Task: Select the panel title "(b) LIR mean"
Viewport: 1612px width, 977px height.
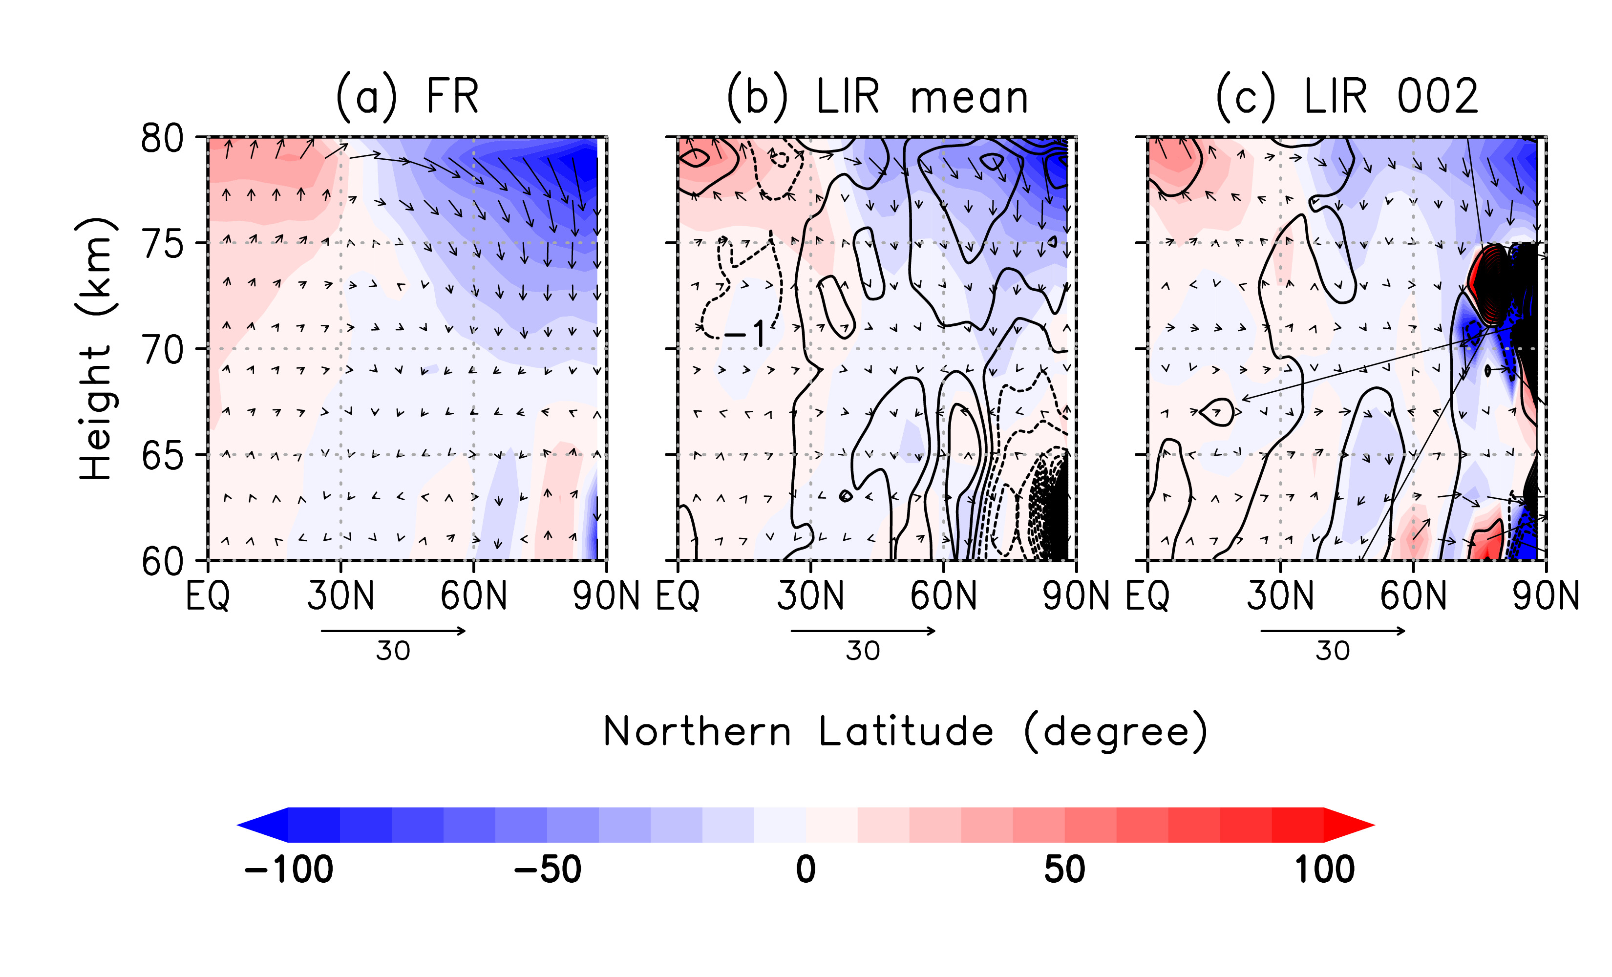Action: (x=877, y=99)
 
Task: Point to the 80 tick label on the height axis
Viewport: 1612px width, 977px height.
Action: (x=162, y=139)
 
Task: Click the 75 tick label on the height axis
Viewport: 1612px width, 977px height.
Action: (x=162, y=245)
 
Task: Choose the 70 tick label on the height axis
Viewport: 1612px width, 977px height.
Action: (x=162, y=351)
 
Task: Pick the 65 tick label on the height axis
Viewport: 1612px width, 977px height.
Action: (x=162, y=456)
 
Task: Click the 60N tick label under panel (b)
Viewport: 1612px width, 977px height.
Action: (x=943, y=596)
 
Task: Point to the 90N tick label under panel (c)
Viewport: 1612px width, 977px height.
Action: (x=1545, y=596)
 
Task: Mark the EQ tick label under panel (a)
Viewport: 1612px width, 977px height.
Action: (x=208, y=596)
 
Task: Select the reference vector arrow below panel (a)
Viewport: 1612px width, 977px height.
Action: (x=393, y=631)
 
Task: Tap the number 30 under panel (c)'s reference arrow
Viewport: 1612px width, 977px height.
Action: (x=1333, y=651)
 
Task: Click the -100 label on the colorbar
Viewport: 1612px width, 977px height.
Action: (x=289, y=870)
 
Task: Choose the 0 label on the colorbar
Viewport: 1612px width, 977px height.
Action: (x=806, y=870)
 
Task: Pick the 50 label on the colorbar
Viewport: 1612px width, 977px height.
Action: (x=1064, y=870)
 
